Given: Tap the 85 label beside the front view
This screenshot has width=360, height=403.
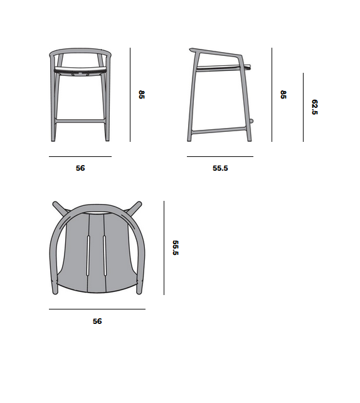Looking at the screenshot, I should point(142,95).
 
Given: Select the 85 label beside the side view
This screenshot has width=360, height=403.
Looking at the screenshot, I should point(283,95).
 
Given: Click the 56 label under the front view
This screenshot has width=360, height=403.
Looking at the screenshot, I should point(80,168).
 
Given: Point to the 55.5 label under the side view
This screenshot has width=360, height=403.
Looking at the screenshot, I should point(220,168).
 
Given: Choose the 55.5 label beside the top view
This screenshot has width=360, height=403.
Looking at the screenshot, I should point(176,247).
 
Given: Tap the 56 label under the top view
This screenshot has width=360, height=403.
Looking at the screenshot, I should point(97,321).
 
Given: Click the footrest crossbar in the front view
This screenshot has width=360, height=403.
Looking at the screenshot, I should point(80,119).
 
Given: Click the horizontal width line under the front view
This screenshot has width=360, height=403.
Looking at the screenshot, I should point(80,156).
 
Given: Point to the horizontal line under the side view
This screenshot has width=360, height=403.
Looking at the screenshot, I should point(220,156).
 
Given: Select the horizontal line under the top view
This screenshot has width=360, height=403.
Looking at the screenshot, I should point(97,309).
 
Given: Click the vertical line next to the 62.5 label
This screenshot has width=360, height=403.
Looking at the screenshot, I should point(303,107).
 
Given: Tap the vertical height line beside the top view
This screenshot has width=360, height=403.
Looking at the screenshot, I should point(164,247).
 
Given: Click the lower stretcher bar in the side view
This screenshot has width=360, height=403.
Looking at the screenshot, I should point(220,131).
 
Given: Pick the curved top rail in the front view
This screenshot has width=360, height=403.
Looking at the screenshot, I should point(80,50).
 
